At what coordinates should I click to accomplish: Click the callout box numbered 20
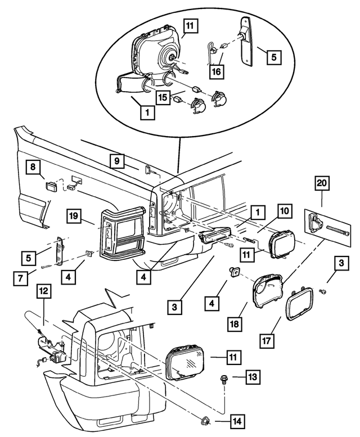323,183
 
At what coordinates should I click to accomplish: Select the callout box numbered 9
117,161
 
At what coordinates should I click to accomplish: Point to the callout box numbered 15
162,97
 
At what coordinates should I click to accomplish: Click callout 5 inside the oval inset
274,57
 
